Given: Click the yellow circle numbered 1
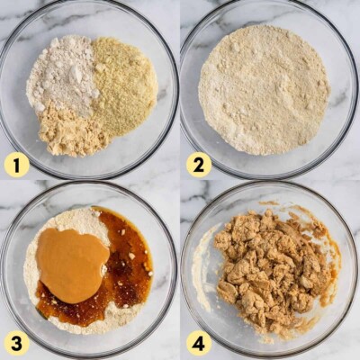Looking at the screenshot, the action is [x=16, y=166].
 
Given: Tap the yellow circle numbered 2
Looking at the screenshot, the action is [x=199, y=166].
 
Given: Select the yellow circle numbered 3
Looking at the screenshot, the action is [x=16, y=344].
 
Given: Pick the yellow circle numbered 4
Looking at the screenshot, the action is [x=199, y=344].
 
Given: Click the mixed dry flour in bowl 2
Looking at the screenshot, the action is [x=264, y=90].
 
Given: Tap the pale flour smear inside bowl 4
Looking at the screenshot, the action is [x=202, y=270].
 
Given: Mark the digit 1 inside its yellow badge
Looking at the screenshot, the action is [x=16, y=166].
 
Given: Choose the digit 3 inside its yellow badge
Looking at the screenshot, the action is [x=16, y=344].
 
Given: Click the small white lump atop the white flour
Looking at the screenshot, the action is [x=77, y=73].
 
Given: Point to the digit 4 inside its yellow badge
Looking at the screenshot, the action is [x=199, y=344].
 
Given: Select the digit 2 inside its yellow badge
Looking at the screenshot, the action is [x=199, y=166].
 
